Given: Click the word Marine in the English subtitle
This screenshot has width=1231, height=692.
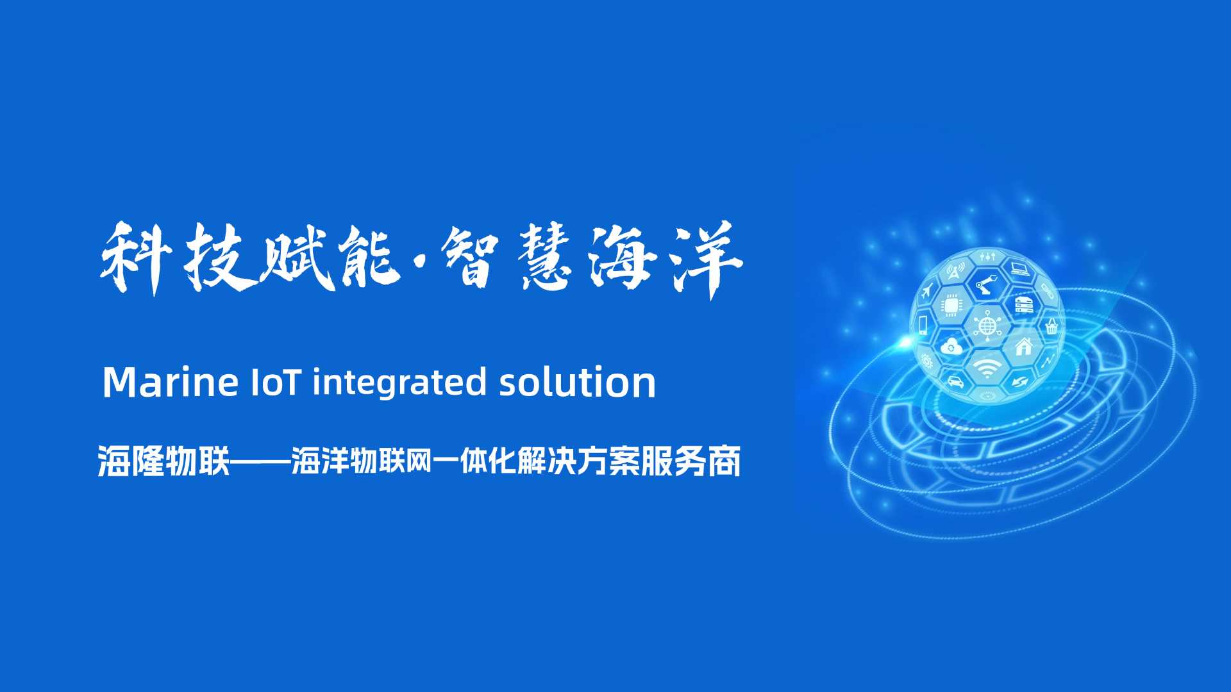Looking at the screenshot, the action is tap(170, 382).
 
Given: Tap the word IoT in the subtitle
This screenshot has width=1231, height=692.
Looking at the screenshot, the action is tap(274, 382).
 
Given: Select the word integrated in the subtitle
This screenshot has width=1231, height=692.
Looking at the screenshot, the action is tap(399, 383).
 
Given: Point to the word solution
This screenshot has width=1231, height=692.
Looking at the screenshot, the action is tap(577, 382).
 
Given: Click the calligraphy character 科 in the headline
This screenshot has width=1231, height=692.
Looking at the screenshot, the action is tap(135, 258).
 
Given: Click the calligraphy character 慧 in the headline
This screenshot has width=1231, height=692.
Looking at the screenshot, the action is tap(545, 259).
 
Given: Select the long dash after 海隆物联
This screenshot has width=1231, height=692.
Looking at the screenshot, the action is tap(260, 461).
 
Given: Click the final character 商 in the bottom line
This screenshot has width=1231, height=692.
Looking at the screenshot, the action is tap(724, 461).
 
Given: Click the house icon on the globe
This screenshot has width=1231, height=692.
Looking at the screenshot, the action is tap(1024, 347).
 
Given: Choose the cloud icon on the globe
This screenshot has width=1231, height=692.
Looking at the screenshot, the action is tap(951, 347).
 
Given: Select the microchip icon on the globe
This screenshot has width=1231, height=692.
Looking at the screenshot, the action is tap(950, 305).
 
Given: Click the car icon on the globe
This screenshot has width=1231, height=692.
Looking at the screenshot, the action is tap(955, 381).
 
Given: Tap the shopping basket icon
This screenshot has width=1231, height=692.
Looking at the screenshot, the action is tap(1051, 327).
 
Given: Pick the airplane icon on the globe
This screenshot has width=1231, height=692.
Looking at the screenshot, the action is tap(926, 293).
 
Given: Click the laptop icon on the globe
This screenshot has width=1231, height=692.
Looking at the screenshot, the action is tap(1019, 269).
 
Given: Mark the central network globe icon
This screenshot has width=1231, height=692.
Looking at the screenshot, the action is tap(987, 324).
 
